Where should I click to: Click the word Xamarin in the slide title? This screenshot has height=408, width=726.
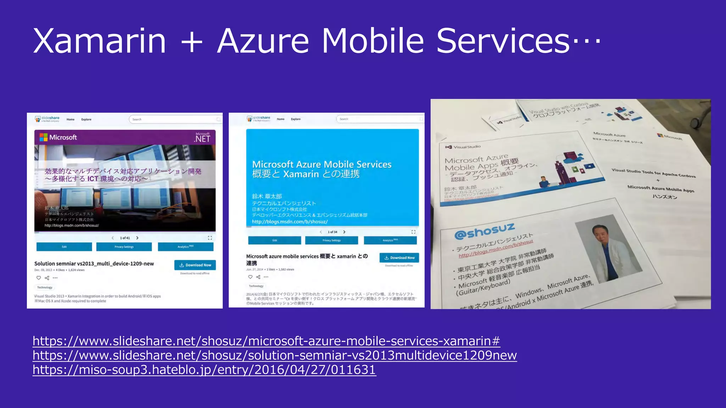tap(100, 41)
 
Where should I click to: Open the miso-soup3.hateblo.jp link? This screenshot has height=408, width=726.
tap(204, 370)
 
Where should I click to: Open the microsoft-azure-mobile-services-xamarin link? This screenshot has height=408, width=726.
tap(266, 341)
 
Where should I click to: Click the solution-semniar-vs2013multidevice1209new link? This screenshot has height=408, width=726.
tap(275, 355)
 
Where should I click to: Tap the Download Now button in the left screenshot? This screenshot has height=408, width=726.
tap(195, 265)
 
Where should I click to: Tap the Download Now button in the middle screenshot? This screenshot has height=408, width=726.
tap(399, 257)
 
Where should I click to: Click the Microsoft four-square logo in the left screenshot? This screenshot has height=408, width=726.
tap(43, 137)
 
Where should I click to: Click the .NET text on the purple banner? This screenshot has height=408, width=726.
tap(202, 138)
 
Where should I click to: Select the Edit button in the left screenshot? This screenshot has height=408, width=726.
tap(64, 247)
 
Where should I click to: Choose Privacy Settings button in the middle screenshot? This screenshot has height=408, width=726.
tap(331, 240)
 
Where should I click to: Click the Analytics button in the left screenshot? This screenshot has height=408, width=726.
tap(185, 247)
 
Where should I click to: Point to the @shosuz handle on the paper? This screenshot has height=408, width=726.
tap(484, 231)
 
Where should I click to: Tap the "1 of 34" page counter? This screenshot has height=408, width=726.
tap(332, 232)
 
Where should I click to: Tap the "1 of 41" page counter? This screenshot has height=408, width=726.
tap(125, 238)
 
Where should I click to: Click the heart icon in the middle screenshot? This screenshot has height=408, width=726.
tap(250, 277)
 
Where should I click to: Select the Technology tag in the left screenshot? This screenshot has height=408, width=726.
tap(45, 287)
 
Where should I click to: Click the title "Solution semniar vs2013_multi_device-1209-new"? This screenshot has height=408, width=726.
tap(94, 263)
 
